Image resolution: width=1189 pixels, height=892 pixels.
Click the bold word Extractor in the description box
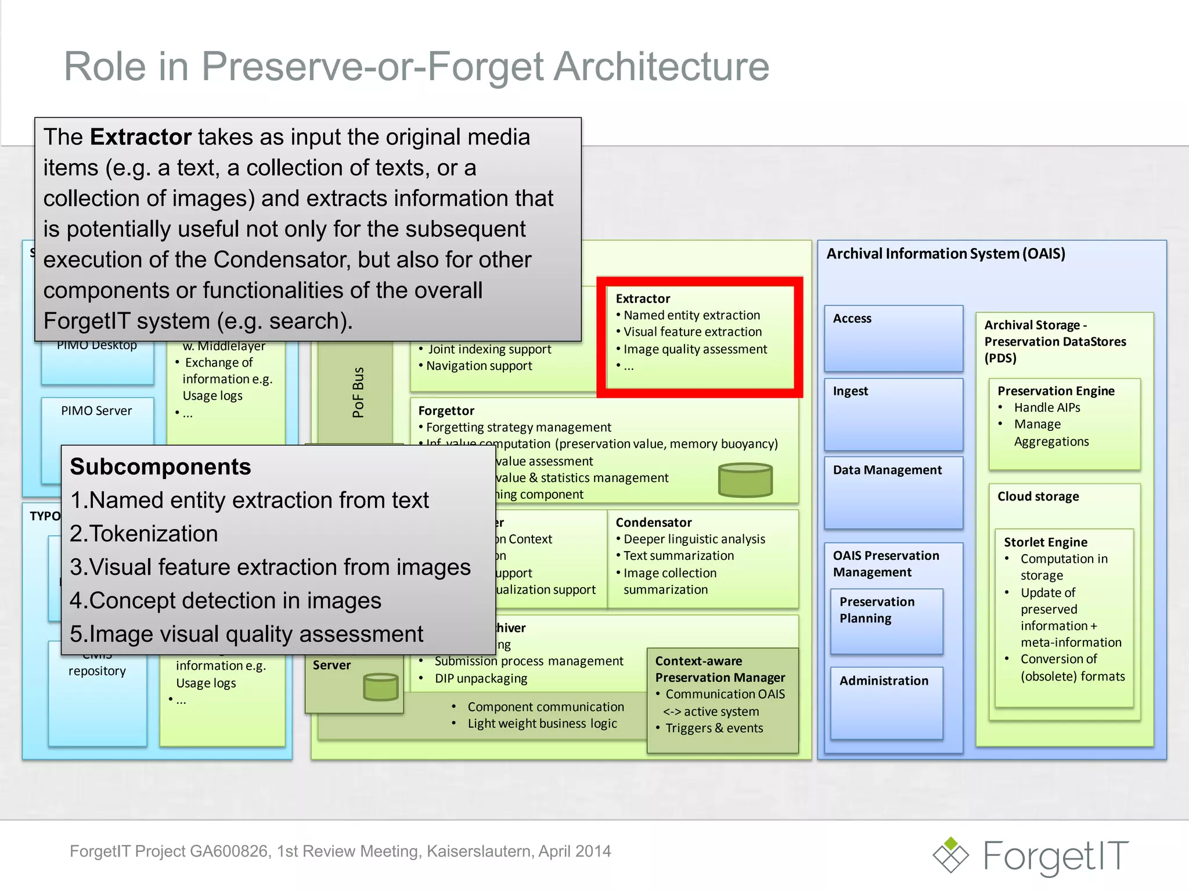coord(140,137)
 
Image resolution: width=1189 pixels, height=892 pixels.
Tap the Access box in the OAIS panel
coord(893,338)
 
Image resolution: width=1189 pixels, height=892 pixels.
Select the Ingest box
coord(893,413)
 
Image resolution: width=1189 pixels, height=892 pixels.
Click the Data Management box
coord(893,491)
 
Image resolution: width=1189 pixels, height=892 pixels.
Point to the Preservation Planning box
coord(886,620)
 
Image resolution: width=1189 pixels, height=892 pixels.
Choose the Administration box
coord(886,702)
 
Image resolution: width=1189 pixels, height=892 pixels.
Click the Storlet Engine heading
coord(1045,542)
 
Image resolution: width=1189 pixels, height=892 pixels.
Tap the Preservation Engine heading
coord(1055,391)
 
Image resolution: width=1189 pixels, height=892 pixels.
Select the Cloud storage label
coord(1037,497)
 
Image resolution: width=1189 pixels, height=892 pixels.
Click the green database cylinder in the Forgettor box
coord(745,480)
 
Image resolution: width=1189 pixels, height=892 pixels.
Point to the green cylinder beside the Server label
coord(380,686)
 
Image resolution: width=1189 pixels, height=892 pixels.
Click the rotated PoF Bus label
coord(358,392)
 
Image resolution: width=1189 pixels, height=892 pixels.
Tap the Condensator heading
coord(653,522)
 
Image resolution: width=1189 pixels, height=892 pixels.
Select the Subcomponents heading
coord(160,467)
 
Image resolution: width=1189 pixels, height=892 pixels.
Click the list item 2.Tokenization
coord(144,534)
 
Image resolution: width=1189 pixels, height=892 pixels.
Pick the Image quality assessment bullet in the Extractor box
coord(694,349)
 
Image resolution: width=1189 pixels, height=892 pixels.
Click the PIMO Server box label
coord(96,411)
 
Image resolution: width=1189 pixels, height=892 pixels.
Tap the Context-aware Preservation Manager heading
coord(719,669)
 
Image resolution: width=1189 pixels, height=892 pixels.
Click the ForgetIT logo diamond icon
coord(950,854)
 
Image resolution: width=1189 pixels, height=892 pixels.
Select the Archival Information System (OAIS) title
coord(945,254)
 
